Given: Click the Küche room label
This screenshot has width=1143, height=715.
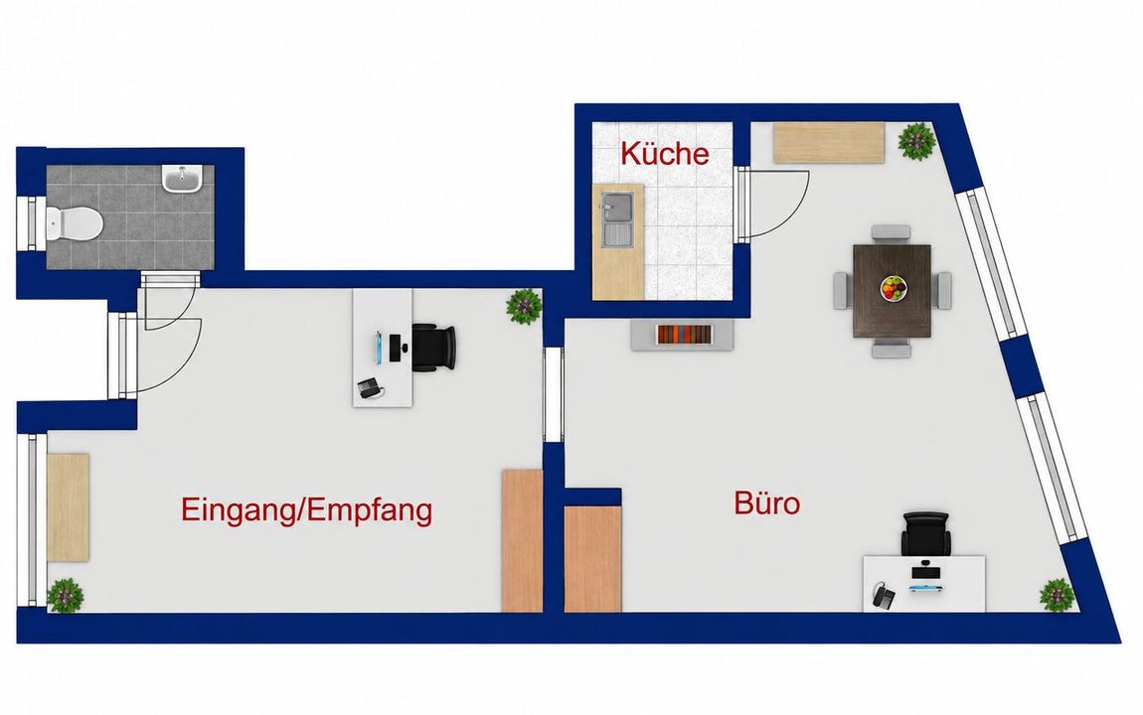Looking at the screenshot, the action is point(664,154).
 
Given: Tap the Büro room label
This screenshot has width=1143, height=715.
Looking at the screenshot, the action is point(767,503).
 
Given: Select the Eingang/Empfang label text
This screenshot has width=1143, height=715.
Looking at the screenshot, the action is point(307,511).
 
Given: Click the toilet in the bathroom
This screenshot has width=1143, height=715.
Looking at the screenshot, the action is point(73,222).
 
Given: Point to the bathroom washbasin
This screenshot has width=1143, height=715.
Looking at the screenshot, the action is point(182,179).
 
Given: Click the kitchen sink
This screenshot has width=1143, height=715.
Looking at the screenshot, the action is point(616,217).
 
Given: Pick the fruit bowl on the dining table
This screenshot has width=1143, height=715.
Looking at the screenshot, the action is point(894,288).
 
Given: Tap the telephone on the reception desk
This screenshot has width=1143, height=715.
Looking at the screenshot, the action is point(371,387).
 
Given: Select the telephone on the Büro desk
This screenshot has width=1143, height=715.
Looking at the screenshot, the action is point(884,597).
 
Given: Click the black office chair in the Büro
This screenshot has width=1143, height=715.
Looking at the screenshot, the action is point(925,534).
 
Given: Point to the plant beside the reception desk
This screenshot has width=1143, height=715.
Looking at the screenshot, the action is point(524,306).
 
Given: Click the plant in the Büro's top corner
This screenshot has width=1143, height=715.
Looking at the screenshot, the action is point(916,141).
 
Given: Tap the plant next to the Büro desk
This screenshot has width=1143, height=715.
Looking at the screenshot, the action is point(1057,595).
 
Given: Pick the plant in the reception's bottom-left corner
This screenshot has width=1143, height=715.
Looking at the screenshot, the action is point(66,596).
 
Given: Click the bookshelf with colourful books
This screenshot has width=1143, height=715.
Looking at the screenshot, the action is point(682,335).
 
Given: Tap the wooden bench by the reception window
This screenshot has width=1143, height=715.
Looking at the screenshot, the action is point(68,506).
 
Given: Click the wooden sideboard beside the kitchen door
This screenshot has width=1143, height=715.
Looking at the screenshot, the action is point(829,143).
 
